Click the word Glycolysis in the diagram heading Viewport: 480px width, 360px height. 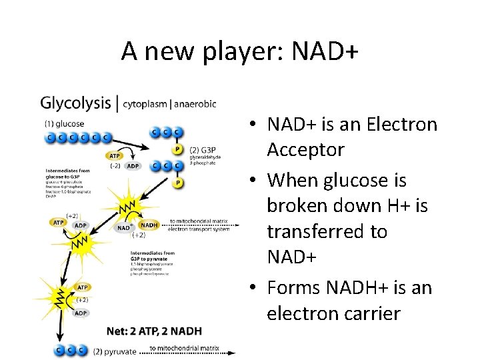pyautogui.click(x=75, y=103)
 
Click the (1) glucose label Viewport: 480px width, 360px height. pyautogui.click(x=64, y=123)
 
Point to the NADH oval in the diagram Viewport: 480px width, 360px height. pyautogui.click(x=149, y=225)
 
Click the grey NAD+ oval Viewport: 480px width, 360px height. pyautogui.click(x=124, y=228)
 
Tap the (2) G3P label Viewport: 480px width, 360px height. pyautogui.click(x=203, y=149)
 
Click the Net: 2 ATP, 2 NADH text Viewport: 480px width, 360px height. pyautogui.click(x=154, y=331)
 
